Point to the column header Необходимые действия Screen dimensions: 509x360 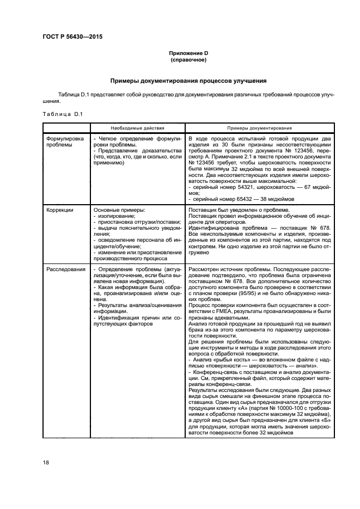(x=137, y=128)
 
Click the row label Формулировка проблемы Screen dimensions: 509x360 (x=65, y=142)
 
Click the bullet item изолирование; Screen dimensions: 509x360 (x=117, y=215)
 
